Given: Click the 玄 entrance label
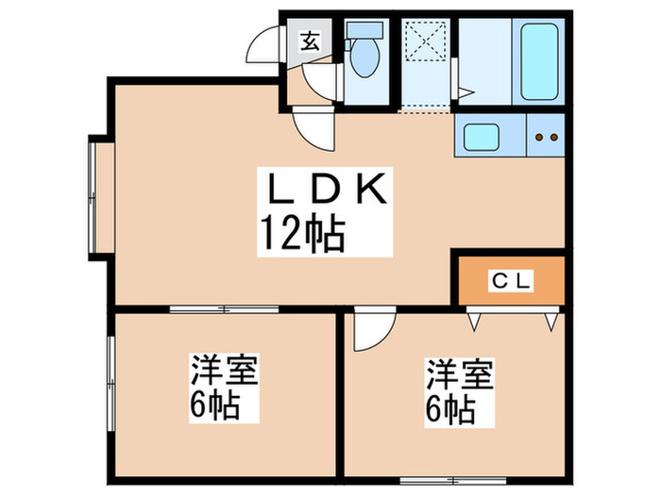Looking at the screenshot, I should point(310,41).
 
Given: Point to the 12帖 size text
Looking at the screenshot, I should point(300,231).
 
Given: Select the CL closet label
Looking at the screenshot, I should point(512,280).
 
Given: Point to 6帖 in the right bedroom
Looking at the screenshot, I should point(449,408).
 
